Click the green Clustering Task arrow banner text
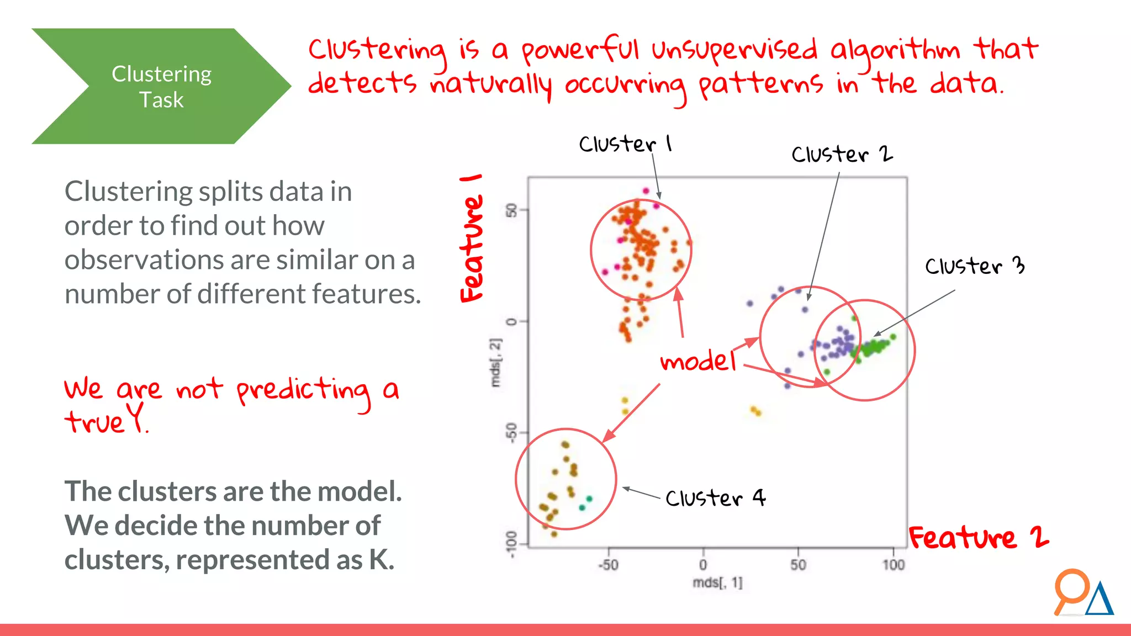click(x=161, y=87)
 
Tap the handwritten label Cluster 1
click(x=625, y=144)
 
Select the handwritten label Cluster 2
click(x=841, y=154)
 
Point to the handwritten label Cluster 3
click(x=974, y=266)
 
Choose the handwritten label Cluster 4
click(x=715, y=498)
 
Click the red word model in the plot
click(x=698, y=362)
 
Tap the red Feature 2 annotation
click(x=978, y=538)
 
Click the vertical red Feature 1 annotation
click(x=472, y=240)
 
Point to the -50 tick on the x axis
click(x=608, y=565)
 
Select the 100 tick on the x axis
click(x=893, y=565)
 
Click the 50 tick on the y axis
click(x=512, y=210)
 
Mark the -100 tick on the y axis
click(x=512, y=544)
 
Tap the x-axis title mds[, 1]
click(x=717, y=583)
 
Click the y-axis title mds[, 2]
click(x=496, y=363)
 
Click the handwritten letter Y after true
click(x=136, y=417)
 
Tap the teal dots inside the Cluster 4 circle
click(x=585, y=503)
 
